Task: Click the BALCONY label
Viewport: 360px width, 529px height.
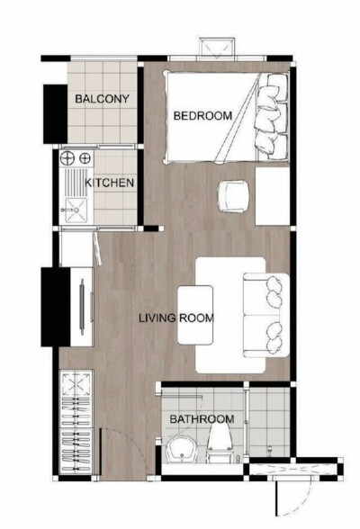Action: pyautogui.click(x=103, y=99)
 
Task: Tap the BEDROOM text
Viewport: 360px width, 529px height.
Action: pyautogui.click(x=202, y=116)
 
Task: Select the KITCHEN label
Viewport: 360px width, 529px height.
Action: pyautogui.click(x=110, y=184)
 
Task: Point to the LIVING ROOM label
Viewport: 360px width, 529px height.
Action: pyautogui.click(x=175, y=318)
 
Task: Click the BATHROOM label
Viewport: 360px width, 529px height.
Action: pyautogui.click(x=202, y=419)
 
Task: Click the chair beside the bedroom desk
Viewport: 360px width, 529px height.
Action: pyautogui.click(x=233, y=195)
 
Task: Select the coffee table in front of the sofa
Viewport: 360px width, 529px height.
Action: pyautogui.click(x=196, y=315)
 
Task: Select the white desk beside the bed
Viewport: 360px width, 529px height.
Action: pyautogui.click(x=273, y=194)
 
